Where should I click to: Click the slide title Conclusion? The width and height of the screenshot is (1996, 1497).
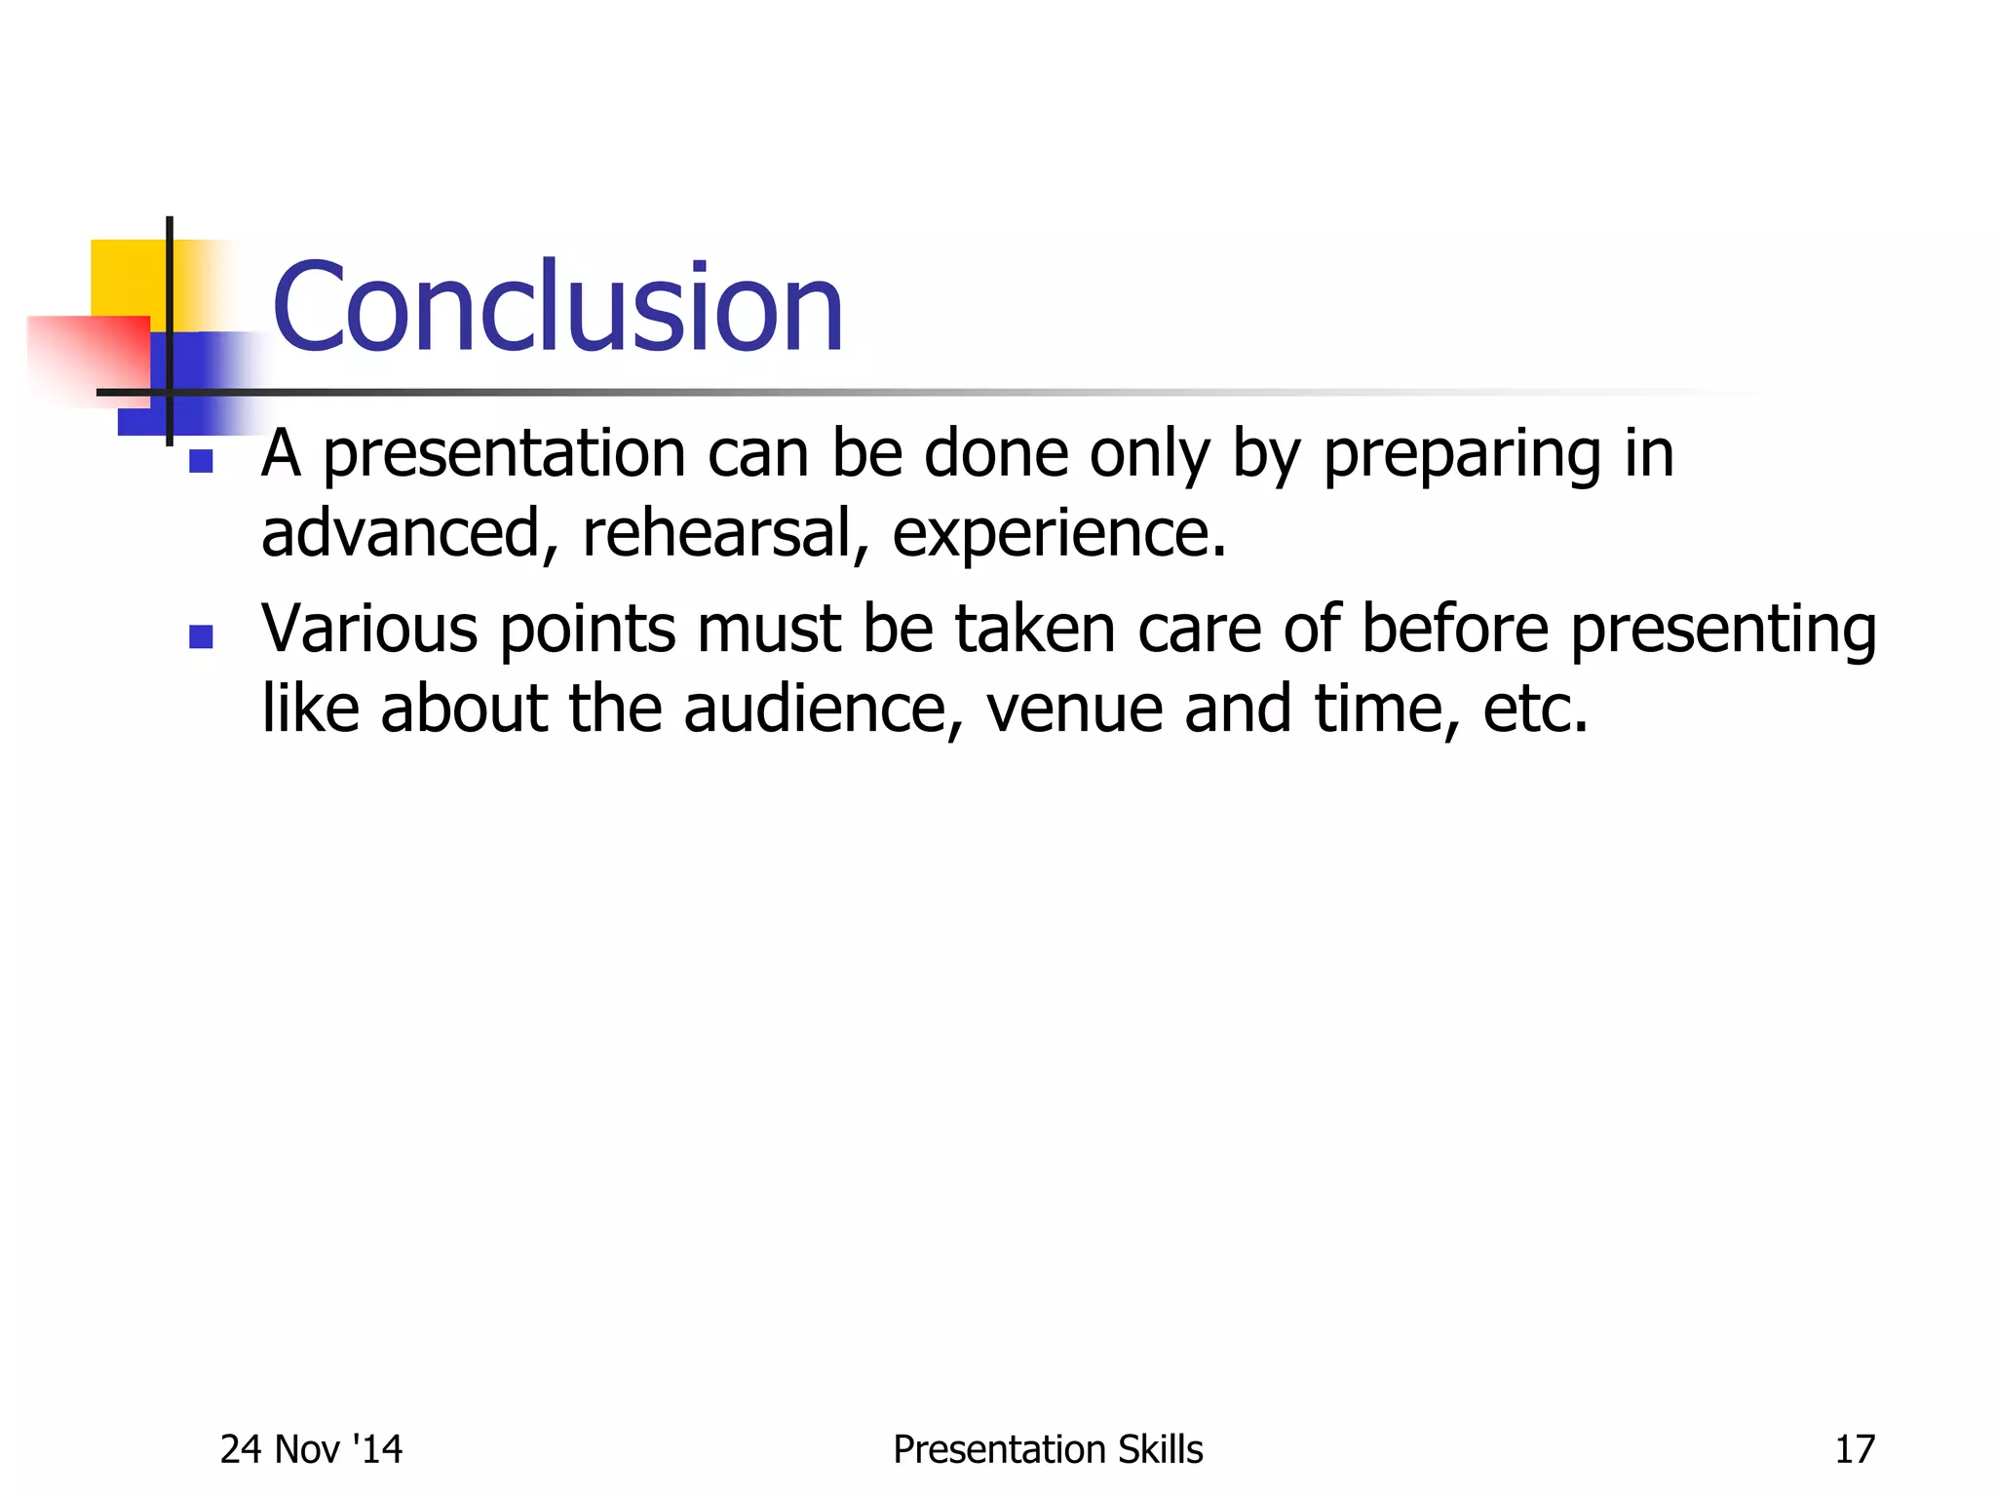pos(557,308)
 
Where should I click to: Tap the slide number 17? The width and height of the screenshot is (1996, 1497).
pos(1855,1449)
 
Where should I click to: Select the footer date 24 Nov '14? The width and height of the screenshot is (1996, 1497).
pos(311,1449)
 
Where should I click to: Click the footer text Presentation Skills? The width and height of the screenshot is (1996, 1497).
pos(1048,1449)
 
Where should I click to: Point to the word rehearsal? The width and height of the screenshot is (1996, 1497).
pos(716,533)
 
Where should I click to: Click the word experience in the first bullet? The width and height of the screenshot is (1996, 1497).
pos(1057,535)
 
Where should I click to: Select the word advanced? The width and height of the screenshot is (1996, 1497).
pos(401,533)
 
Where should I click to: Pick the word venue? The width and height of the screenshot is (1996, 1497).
pos(1074,710)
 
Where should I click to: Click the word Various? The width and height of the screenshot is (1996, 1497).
pos(369,629)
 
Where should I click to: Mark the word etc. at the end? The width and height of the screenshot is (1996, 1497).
pos(1535,710)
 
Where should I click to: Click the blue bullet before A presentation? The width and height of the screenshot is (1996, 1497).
pos(201,461)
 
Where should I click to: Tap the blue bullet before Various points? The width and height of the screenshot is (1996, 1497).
pos(201,637)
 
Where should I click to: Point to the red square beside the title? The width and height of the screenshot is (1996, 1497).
pos(93,356)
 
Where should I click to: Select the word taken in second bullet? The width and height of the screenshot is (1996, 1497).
pos(1034,629)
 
